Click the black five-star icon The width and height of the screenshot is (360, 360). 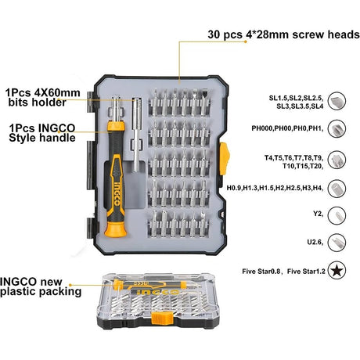point(337,271)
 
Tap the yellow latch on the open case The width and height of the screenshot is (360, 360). point(224,159)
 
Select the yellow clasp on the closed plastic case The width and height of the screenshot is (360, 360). point(162,319)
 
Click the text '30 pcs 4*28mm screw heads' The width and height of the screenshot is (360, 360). point(284,34)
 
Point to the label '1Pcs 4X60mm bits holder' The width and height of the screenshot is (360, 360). point(43,97)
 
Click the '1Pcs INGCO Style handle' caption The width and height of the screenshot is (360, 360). point(42,133)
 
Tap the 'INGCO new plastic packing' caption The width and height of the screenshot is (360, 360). point(41,286)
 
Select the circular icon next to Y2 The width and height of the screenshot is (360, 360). point(337,216)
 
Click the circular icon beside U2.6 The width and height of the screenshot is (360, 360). point(337,243)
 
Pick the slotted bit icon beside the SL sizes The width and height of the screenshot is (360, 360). point(337,101)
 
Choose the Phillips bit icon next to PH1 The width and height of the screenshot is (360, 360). point(337,128)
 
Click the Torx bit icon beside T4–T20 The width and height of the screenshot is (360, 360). point(337,160)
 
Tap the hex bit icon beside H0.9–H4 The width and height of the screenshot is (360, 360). point(337,189)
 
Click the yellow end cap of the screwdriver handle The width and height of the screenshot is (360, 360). point(116,229)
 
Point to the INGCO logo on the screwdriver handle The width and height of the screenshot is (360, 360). point(117,193)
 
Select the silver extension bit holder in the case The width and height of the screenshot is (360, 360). point(137,135)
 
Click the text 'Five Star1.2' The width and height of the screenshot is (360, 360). point(306,272)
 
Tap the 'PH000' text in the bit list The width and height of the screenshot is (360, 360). point(263,128)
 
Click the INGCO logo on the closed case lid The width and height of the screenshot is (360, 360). point(158,292)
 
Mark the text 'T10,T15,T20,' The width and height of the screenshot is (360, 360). point(303,166)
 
